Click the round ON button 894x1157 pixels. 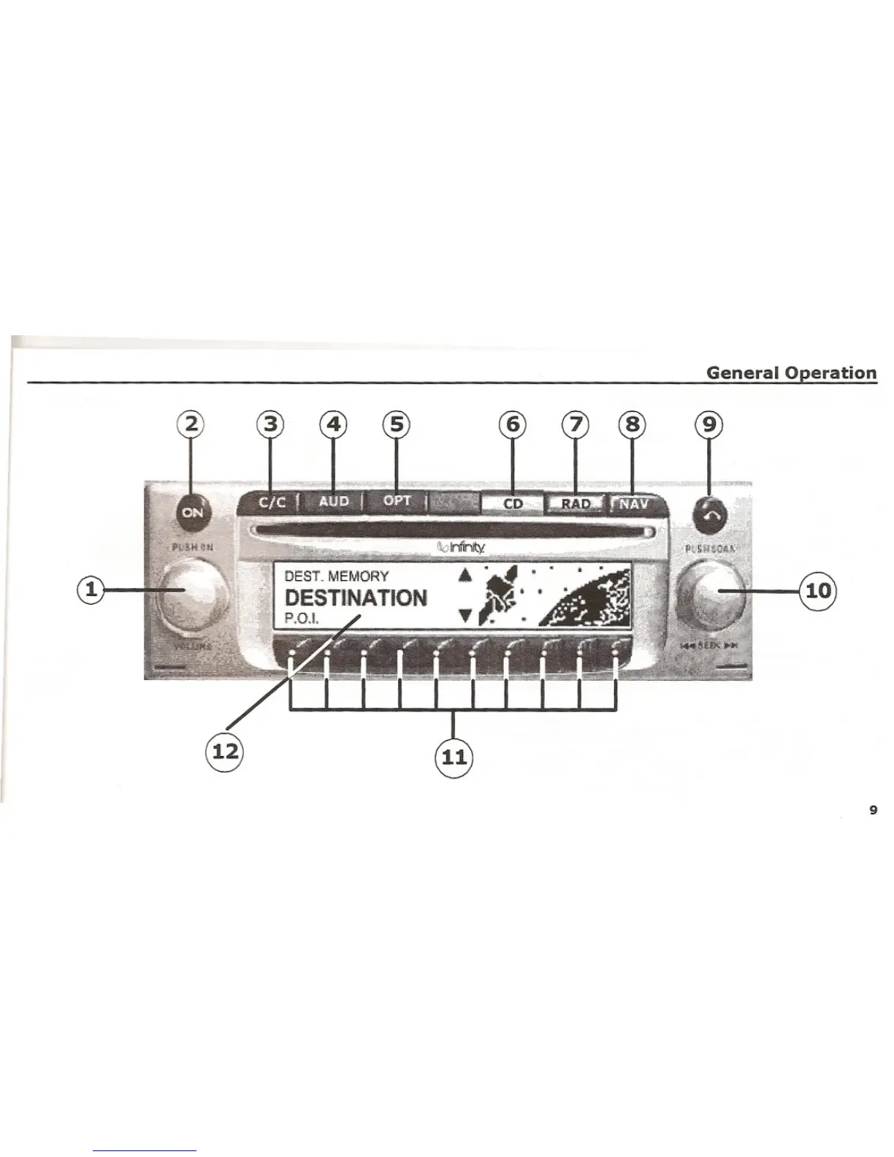tap(193, 513)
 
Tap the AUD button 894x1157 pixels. tap(334, 502)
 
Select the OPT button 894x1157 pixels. tap(397, 501)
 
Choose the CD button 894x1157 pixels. tap(513, 504)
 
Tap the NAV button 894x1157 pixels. tap(634, 504)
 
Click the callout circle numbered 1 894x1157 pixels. tap(91, 589)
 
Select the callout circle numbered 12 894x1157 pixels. tap(225, 750)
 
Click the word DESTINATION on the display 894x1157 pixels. tap(356, 598)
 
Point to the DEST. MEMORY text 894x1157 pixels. tap(337, 576)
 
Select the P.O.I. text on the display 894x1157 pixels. tap(299, 619)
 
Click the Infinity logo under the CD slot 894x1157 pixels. tap(461, 548)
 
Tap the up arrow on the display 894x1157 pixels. tap(465, 575)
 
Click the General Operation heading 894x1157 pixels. tap(791, 373)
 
